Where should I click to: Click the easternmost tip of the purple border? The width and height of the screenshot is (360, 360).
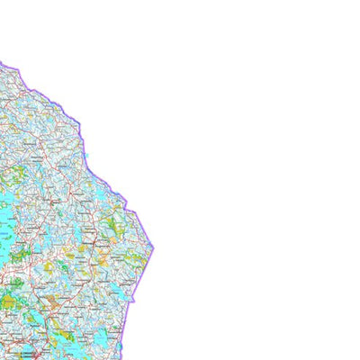click(154, 247)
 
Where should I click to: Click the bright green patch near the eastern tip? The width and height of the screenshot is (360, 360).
click(114, 220)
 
